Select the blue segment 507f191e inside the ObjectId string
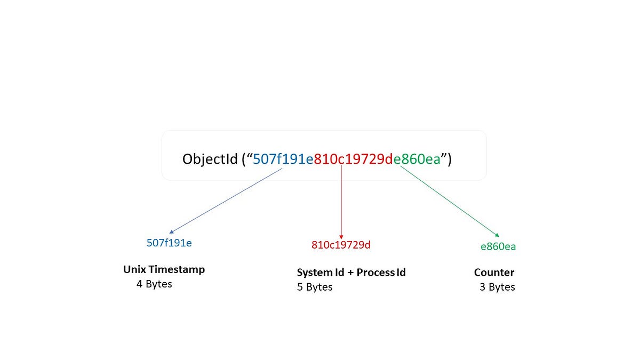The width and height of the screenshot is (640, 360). (x=283, y=159)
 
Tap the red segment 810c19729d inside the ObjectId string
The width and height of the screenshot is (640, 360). (x=353, y=159)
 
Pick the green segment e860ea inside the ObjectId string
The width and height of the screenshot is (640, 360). (x=417, y=159)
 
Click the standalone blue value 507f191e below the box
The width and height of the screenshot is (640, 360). (x=169, y=243)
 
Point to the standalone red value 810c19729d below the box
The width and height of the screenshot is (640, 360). (x=341, y=245)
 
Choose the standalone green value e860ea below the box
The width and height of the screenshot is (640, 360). (x=498, y=247)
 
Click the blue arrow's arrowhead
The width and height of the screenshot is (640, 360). (x=171, y=233)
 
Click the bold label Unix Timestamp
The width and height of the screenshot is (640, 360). (x=164, y=270)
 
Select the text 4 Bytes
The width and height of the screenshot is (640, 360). (x=154, y=284)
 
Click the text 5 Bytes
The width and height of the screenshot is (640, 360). (x=315, y=287)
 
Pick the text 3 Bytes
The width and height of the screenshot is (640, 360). (x=497, y=287)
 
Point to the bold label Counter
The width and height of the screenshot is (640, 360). (x=494, y=273)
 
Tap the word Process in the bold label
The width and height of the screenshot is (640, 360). (x=375, y=273)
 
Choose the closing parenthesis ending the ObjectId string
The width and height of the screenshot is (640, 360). (x=450, y=160)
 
